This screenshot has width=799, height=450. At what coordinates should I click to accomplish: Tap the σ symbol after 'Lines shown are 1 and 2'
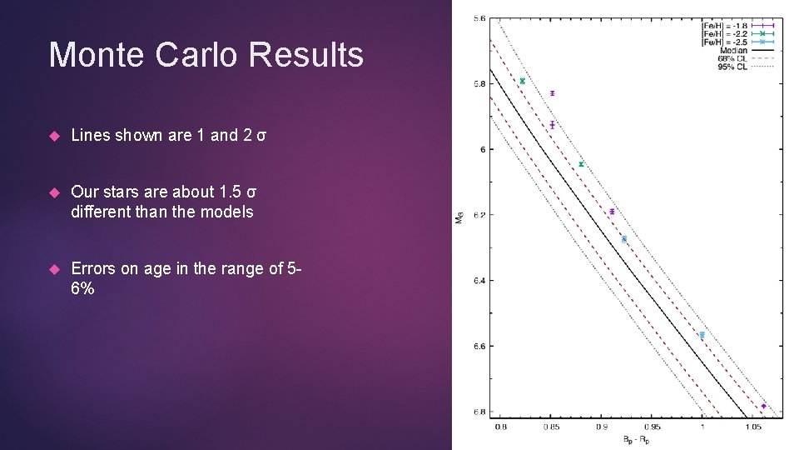(261, 135)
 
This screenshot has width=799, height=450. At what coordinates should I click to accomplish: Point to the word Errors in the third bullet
(92, 269)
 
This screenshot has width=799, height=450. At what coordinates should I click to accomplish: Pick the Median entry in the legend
(733, 49)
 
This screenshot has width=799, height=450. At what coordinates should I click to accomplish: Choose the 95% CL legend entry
(732, 66)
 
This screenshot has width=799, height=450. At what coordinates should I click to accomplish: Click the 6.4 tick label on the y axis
(480, 281)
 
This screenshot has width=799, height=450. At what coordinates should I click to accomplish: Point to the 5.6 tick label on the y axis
(480, 18)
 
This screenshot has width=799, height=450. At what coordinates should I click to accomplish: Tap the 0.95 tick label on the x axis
(651, 427)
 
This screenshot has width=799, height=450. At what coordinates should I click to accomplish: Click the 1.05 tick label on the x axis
(752, 427)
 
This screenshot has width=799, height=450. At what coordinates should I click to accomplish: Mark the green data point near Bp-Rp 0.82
(522, 81)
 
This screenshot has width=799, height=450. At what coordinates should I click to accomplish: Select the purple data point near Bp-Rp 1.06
(763, 406)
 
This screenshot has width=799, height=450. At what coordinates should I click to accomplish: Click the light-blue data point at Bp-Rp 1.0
(702, 335)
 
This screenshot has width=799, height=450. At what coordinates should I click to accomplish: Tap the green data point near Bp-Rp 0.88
(581, 164)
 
